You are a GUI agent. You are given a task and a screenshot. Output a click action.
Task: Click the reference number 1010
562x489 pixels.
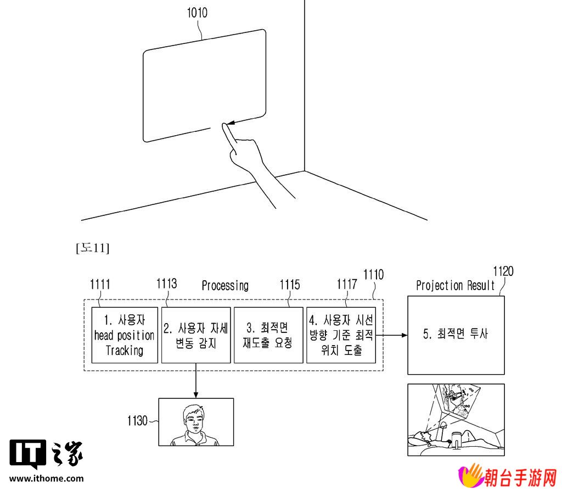pyautogui.click(x=197, y=13)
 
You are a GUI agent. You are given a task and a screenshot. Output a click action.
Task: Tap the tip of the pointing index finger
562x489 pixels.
pyautogui.click(x=224, y=125)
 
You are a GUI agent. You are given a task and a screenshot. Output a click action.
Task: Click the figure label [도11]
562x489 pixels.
pyautogui.click(x=92, y=248)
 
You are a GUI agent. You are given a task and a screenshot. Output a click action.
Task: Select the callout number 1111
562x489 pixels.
pyautogui.click(x=100, y=285)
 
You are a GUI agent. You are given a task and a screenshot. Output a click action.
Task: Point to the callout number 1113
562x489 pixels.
pyautogui.click(x=167, y=284)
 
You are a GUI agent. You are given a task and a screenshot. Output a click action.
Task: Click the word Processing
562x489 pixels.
pyautogui.click(x=225, y=286)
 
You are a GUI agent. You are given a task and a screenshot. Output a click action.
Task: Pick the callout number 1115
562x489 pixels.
pyautogui.click(x=290, y=285)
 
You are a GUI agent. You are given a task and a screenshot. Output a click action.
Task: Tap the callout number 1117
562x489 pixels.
pyautogui.click(x=347, y=285)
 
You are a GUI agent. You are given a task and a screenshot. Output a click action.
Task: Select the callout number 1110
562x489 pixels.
pyautogui.click(x=373, y=275)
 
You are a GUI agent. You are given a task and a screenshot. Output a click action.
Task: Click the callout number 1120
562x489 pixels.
pyautogui.click(x=503, y=271)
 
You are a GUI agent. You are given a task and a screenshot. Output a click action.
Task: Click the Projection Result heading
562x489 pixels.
pyautogui.click(x=455, y=286)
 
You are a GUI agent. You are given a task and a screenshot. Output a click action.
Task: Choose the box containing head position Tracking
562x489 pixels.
pyautogui.click(x=125, y=335)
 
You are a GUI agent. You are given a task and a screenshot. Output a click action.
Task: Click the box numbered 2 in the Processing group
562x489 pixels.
pyautogui.click(x=196, y=335)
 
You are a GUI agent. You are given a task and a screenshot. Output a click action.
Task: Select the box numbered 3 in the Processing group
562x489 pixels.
pyautogui.click(x=268, y=335)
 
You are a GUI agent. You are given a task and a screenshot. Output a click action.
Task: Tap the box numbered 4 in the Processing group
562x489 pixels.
pyautogui.click(x=341, y=335)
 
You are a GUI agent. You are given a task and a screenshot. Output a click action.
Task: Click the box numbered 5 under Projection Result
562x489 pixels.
pyautogui.click(x=456, y=335)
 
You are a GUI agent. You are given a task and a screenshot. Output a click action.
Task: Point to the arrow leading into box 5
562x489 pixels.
pyautogui.click(x=391, y=335)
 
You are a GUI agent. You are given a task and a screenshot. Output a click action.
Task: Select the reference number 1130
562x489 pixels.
pyautogui.click(x=137, y=421)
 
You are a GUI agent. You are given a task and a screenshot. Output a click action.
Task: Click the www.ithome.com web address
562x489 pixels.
pyautogui.click(x=47, y=478)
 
